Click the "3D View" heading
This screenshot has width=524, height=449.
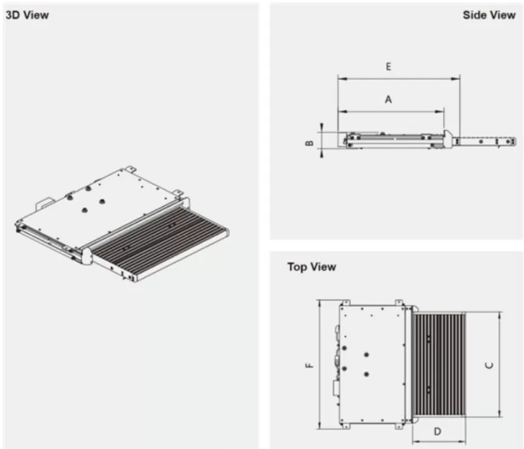(x=27, y=15)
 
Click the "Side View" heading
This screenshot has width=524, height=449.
(x=489, y=15)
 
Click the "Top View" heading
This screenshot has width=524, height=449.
(x=312, y=267)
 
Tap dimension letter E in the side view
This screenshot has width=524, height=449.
(x=388, y=67)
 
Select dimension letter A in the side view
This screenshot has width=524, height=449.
(x=388, y=99)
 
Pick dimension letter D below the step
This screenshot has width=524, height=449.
(x=438, y=432)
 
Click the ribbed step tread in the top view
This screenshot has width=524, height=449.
(x=439, y=365)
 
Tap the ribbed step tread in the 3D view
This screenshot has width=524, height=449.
(x=159, y=239)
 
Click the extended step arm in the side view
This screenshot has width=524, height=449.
(x=486, y=140)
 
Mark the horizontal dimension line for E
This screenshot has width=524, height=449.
(x=420, y=79)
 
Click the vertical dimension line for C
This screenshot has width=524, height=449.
(x=500, y=337)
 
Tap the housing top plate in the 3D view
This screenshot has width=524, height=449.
(x=103, y=201)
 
